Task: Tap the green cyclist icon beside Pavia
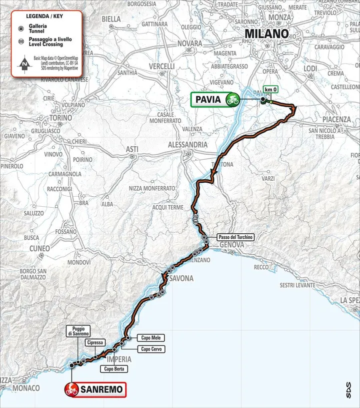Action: coord(232,100)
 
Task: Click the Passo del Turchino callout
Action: coord(235,237)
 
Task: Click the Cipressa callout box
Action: coord(95,342)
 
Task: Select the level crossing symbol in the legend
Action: coord(19,43)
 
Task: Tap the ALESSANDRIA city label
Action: coord(187,144)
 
